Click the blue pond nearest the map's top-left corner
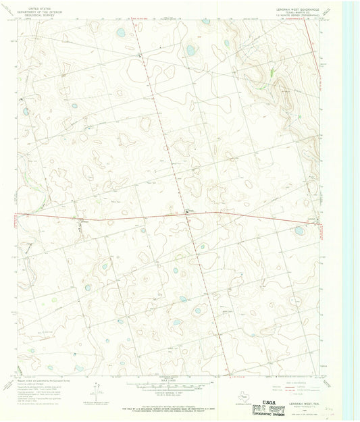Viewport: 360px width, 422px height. pyautogui.click(x=120, y=32)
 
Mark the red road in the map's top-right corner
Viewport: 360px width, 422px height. pyautogui.click(x=314, y=41)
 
